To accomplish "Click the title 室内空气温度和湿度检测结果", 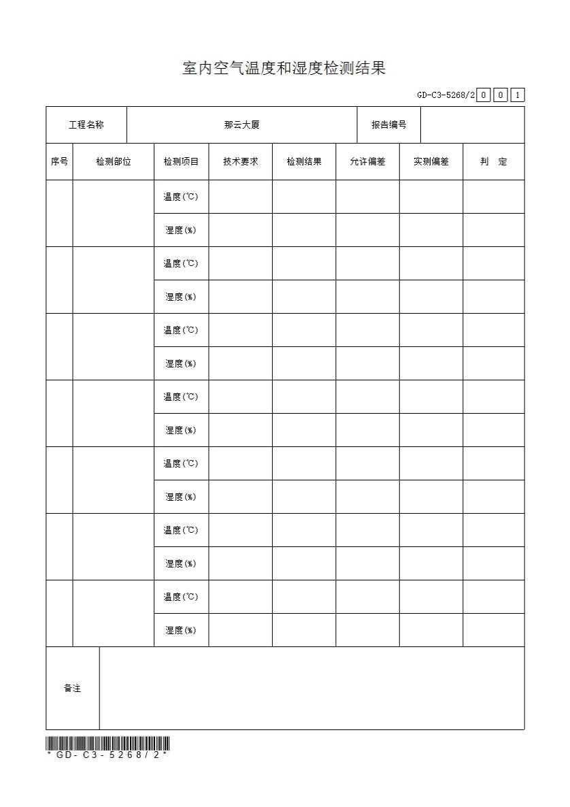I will [284, 68].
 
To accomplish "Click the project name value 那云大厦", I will [241, 125].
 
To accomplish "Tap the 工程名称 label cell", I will [86, 125].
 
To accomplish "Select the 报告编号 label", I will [388, 125].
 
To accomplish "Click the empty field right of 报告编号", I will [472, 125].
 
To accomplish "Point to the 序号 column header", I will [59, 162].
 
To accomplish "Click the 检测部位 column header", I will [113, 162].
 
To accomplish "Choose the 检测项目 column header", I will [181, 162].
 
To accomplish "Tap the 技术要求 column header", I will [240, 162].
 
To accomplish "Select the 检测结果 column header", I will [304, 162].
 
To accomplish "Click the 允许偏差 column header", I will [367, 162].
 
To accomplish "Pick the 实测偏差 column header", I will [431, 162].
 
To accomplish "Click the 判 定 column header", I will [494, 162].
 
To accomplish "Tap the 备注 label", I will [73, 689].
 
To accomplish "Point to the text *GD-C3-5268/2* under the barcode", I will [107, 755].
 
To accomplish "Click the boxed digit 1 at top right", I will [518, 95].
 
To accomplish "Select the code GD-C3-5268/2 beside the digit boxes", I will [446, 95].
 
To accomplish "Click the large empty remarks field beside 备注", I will [312, 689].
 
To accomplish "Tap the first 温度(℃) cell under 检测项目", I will [181, 197].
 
